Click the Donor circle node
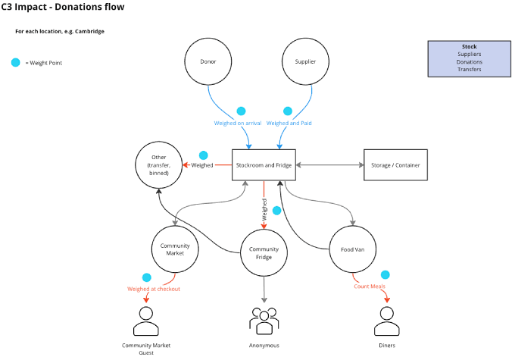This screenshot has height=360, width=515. [208, 62]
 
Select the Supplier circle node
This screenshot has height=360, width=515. [304, 62]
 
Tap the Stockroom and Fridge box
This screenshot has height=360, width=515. [264, 164]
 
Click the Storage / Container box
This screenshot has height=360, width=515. [396, 164]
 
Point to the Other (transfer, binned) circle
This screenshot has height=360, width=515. [159, 164]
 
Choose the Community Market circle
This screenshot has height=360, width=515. [175, 250]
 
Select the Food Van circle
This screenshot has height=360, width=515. [353, 250]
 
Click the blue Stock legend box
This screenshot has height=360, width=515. [469, 58]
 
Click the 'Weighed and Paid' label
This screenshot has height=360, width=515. [289, 123]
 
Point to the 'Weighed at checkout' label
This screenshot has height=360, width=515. [154, 289]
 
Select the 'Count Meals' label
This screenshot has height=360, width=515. [370, 286]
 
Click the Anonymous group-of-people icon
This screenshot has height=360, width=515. [264, 321]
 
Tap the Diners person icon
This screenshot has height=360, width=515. [386, 321]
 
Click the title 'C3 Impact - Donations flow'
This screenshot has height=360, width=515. [54, 8]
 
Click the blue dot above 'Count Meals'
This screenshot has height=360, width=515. [385, 274]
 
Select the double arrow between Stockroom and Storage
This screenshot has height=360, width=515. [329, 164]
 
